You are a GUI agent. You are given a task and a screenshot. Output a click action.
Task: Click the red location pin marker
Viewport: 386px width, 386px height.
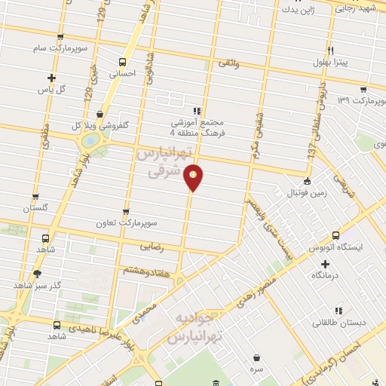[194, 177]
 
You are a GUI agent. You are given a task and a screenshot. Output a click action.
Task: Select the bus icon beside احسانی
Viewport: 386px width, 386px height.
[121, 62]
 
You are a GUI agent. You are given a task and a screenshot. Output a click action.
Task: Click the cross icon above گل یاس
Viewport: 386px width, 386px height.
[51, 77]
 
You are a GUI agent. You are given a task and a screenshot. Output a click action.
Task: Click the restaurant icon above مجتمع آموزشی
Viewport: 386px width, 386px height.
[197, 110]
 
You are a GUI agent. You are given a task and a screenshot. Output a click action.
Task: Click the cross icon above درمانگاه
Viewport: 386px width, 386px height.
[325, 264]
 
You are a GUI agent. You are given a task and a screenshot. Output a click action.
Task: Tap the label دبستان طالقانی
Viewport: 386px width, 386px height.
[341, 322]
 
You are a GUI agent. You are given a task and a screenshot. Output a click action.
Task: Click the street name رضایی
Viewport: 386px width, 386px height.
[152, 246]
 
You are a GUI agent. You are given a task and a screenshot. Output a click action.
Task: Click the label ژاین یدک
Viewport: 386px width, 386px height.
[299, 11]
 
